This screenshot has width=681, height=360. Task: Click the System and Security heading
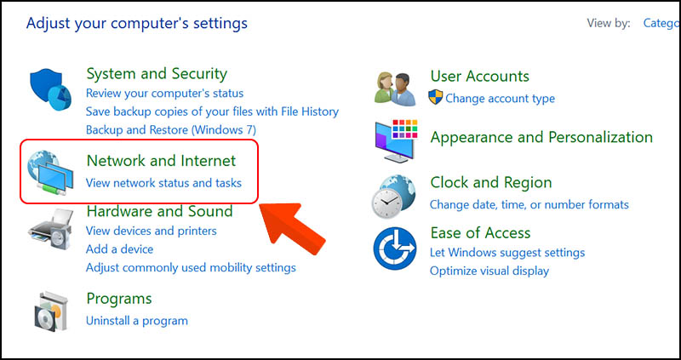tap(157, 74)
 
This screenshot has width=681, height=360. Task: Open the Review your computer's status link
tap(164, 93)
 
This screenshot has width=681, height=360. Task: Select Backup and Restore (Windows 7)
tap(171, 130)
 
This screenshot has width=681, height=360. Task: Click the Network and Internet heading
tap(161, 161)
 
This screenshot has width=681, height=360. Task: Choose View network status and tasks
tap(163, 183)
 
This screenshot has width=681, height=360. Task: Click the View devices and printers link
tap(152, 231)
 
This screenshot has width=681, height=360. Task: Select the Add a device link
tap(119, 249)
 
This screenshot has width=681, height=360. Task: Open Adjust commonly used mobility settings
tap(191, 267)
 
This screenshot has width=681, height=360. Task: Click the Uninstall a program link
tap(137, 321)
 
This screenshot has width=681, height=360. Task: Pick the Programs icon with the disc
tap(51, 311)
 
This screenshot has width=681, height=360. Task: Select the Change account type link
tap(500, 99)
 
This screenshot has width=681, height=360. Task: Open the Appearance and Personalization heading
tap(541, 138)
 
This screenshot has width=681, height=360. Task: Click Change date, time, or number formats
tap(529, 204)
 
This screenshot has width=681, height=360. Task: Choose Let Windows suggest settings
tap(507, 252)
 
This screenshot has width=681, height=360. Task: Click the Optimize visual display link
tap(489, 271)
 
